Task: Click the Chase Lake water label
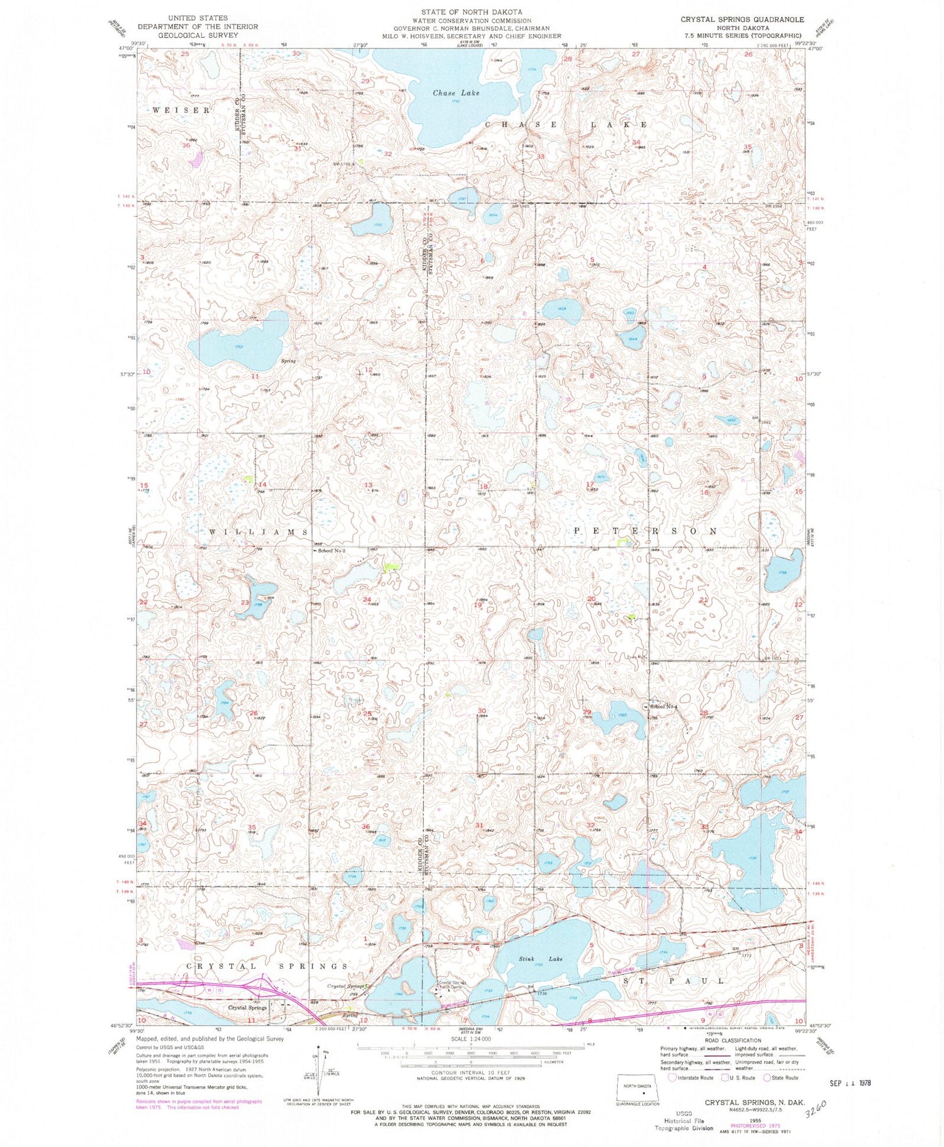[456, 93]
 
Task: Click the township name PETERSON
[646, 531]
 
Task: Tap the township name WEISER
[182, 110]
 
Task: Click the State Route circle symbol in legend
[767, 1077]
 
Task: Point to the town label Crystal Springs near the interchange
[247, 1008]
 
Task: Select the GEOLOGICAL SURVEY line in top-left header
[198, 35]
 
